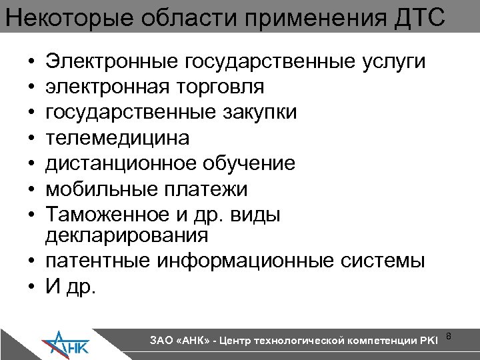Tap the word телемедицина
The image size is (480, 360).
point(117,138)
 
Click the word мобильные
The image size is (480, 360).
point(100,189)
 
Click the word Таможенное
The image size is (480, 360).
point(103,215)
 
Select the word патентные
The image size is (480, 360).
point(98,261)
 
